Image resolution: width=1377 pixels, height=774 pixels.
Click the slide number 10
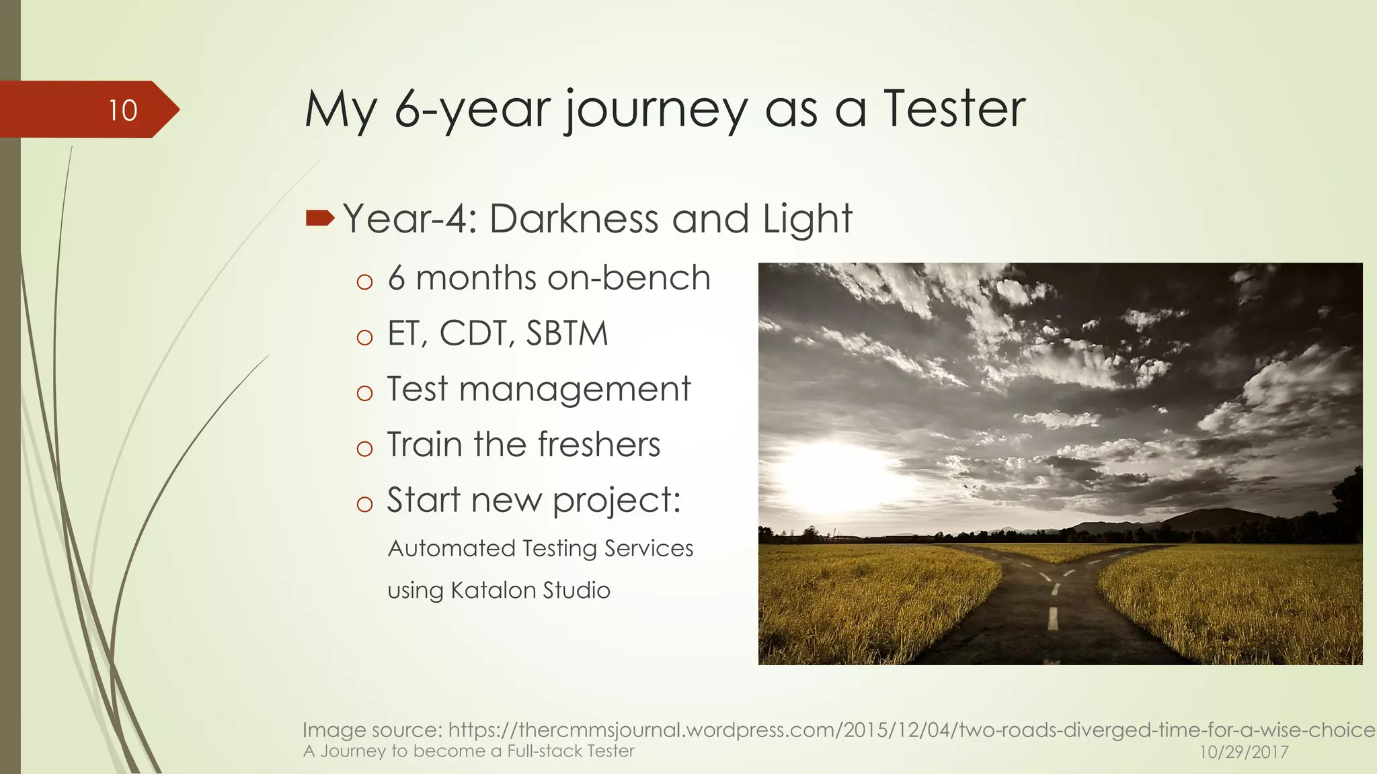(x=123, y=110)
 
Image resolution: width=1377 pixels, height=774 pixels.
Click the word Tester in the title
(x=955, y=109)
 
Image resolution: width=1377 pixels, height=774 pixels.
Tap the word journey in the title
(x=656, y=111)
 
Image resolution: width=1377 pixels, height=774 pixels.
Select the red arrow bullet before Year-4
(x=319, y=218)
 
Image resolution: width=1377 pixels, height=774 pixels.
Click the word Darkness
(x=574, y=218)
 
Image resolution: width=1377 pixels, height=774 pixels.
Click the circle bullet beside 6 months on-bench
(x=364, y=282)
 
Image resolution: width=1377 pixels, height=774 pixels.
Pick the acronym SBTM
(x=567, y=333)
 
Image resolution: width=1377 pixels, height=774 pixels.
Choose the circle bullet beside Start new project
(x=364, y=504)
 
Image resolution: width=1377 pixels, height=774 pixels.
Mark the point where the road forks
(x=1056, y=571)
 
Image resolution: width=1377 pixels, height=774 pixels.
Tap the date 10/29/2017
(x=1244, y=752)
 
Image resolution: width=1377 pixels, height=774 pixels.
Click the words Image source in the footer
(x=372, y=730)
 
